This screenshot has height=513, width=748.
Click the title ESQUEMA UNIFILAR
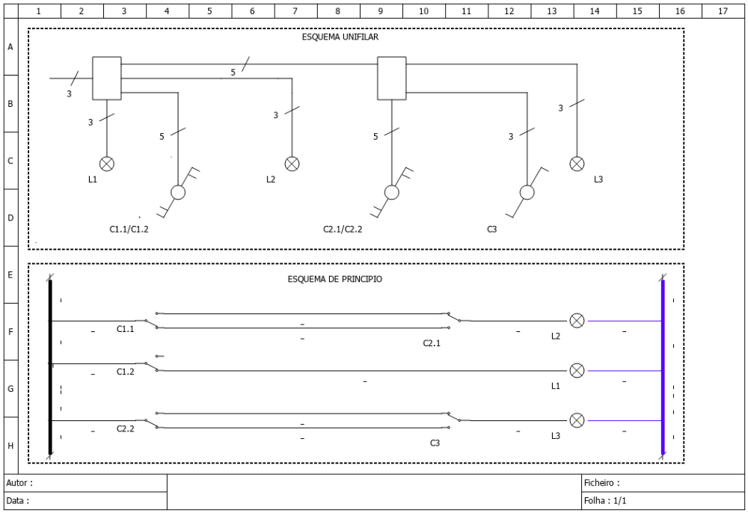pos(340,37)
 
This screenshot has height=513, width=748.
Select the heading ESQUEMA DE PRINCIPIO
pos(335,279)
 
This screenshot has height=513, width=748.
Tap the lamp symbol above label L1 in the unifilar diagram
pos(107,164)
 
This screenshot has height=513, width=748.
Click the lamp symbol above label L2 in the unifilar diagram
pos(292,164)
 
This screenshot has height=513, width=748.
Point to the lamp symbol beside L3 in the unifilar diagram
pos(577,164)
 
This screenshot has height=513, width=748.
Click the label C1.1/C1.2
pos(129,230)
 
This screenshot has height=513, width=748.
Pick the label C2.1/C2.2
pos(343,230)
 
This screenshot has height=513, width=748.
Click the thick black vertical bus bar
pos(50,367)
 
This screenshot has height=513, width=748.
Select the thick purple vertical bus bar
pos(663,367)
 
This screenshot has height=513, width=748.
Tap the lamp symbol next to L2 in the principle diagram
pos(577,321)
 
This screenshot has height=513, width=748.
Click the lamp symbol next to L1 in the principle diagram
pos(577,370)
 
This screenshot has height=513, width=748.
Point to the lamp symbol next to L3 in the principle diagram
pos(577,420)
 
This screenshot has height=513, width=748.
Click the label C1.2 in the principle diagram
pos(126,372)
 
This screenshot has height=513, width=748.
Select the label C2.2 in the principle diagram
pos(126,428)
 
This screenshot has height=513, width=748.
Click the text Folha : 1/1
pos(605,500)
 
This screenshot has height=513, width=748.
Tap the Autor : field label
pos(19,483)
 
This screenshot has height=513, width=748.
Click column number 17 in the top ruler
pos(723,11)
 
